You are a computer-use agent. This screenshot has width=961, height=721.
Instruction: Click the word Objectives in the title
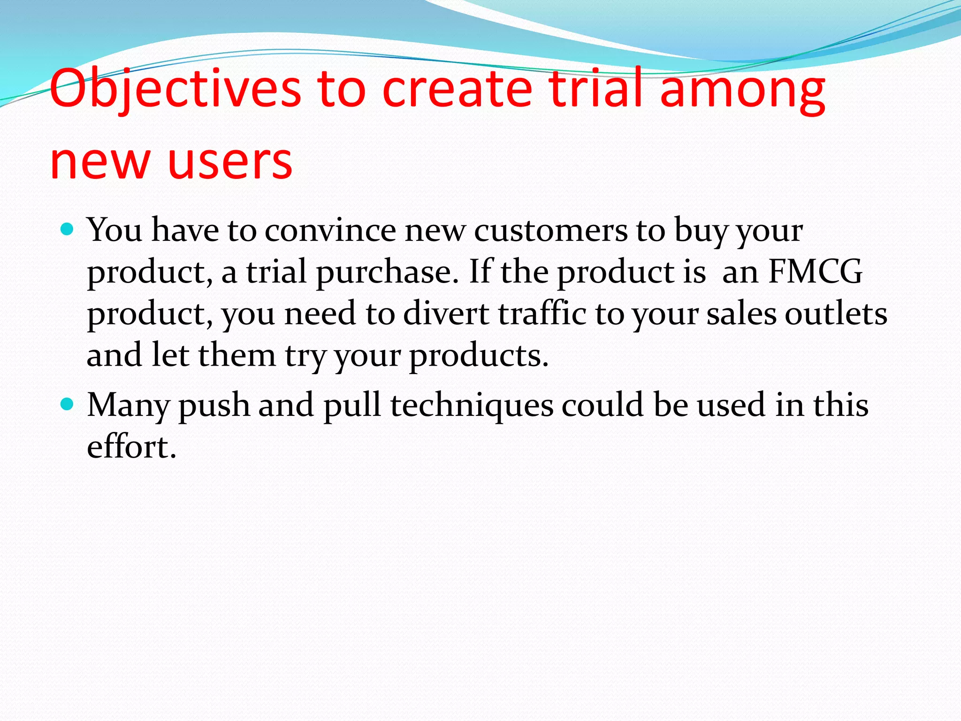pos(175,89)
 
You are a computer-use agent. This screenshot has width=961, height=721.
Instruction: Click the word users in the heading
pos(230,162)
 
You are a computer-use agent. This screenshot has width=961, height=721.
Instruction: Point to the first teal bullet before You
pos(68,229)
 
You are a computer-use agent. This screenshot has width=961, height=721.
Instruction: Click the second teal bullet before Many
pos(68,404)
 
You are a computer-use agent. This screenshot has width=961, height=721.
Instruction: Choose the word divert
pos(446,313)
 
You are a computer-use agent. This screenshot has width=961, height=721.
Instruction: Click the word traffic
pos(542,313)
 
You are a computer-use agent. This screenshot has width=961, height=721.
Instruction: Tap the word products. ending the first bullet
pos(479,356)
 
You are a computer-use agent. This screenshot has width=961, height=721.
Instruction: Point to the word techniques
pos(472,405)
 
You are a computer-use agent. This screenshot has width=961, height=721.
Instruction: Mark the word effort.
pos(131,446)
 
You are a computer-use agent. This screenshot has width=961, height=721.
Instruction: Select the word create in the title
pos(458,89)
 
